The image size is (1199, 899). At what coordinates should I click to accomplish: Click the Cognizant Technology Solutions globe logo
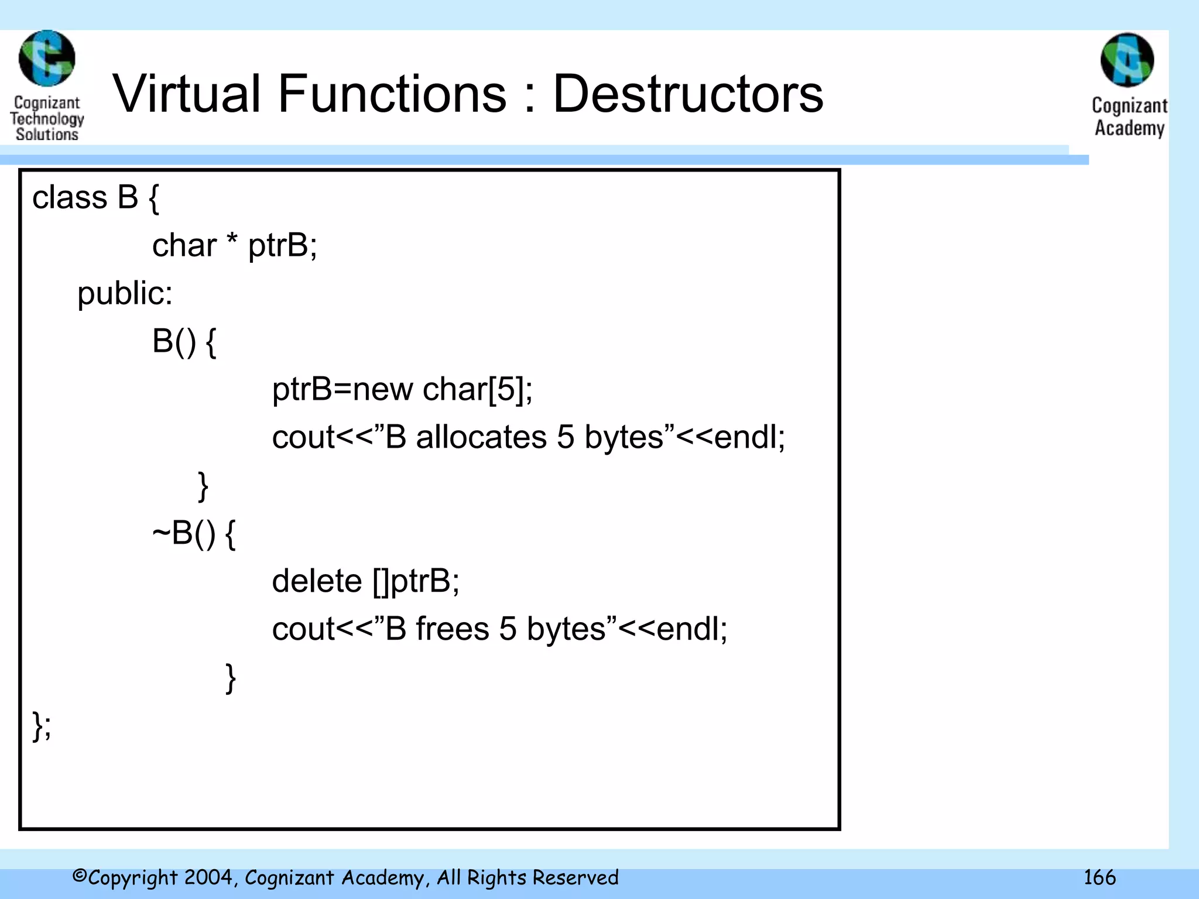click(47, 59)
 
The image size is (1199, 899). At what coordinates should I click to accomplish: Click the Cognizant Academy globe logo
click(1127, 60)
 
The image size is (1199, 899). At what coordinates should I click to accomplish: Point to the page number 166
click(1099, 877)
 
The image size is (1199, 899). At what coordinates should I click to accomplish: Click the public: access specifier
click(125, 293)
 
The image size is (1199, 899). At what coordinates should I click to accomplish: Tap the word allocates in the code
click(481, 437)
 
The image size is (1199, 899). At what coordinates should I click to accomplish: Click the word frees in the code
click(452, 629)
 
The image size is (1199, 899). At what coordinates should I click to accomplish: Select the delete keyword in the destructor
click(317, 581)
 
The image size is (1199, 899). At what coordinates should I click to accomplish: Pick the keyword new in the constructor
click(382, 389)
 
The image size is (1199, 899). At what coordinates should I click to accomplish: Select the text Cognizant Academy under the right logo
click(1129, 116)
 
